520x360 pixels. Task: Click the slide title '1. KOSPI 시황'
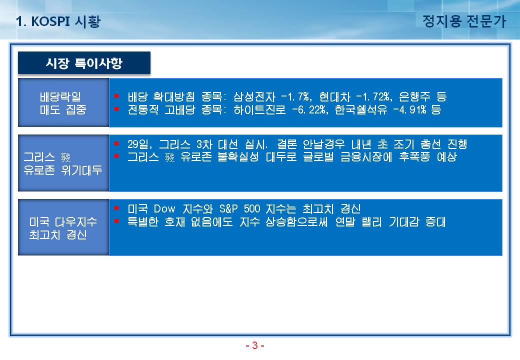pyautogui.click(x=58, y=21)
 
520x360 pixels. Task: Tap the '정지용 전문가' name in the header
pyautogui.click(x=464, y=21)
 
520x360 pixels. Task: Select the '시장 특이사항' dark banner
pyautogui.click(x=84, y=62)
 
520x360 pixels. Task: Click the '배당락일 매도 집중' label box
pyautogui.click(x=63, y=103)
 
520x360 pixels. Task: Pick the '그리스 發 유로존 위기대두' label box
pyautogui.click(x=63, y=163)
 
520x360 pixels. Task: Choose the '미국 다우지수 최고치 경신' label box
pyautogui.click(x=63, y=227)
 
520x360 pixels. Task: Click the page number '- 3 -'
pyautogui.click(x=254, y=345)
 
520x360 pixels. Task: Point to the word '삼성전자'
pyautogui.click(x=254, y=97)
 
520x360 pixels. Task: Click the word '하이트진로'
pyautogui.click(x=259, y=109)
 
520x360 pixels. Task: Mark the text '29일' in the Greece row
pyautogui.click(x=138, y=144)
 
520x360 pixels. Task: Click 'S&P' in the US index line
pyautogui.click(x=228, y=209)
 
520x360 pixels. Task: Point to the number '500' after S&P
pyautogui.click(x=252, y=209)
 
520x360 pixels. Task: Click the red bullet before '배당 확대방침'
pyautogui.click(x=116, y=96)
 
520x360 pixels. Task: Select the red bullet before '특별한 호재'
pyautogui.click(x=116, y=221)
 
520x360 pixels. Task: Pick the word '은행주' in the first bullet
pyautogui.click(x=414, y=97)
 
